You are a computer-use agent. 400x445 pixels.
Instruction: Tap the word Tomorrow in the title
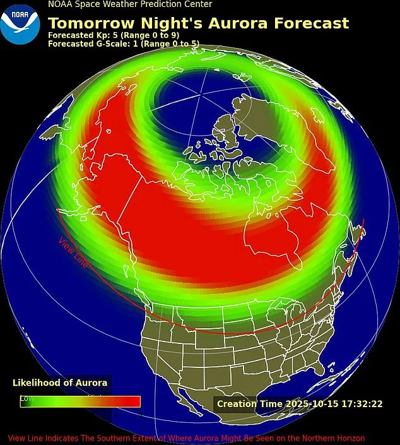(88, 23)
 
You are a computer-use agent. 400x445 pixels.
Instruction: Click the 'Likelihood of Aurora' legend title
(60, 383)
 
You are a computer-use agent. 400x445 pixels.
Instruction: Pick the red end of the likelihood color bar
(129, 401)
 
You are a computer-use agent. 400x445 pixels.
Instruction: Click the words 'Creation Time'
(243, 403)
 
